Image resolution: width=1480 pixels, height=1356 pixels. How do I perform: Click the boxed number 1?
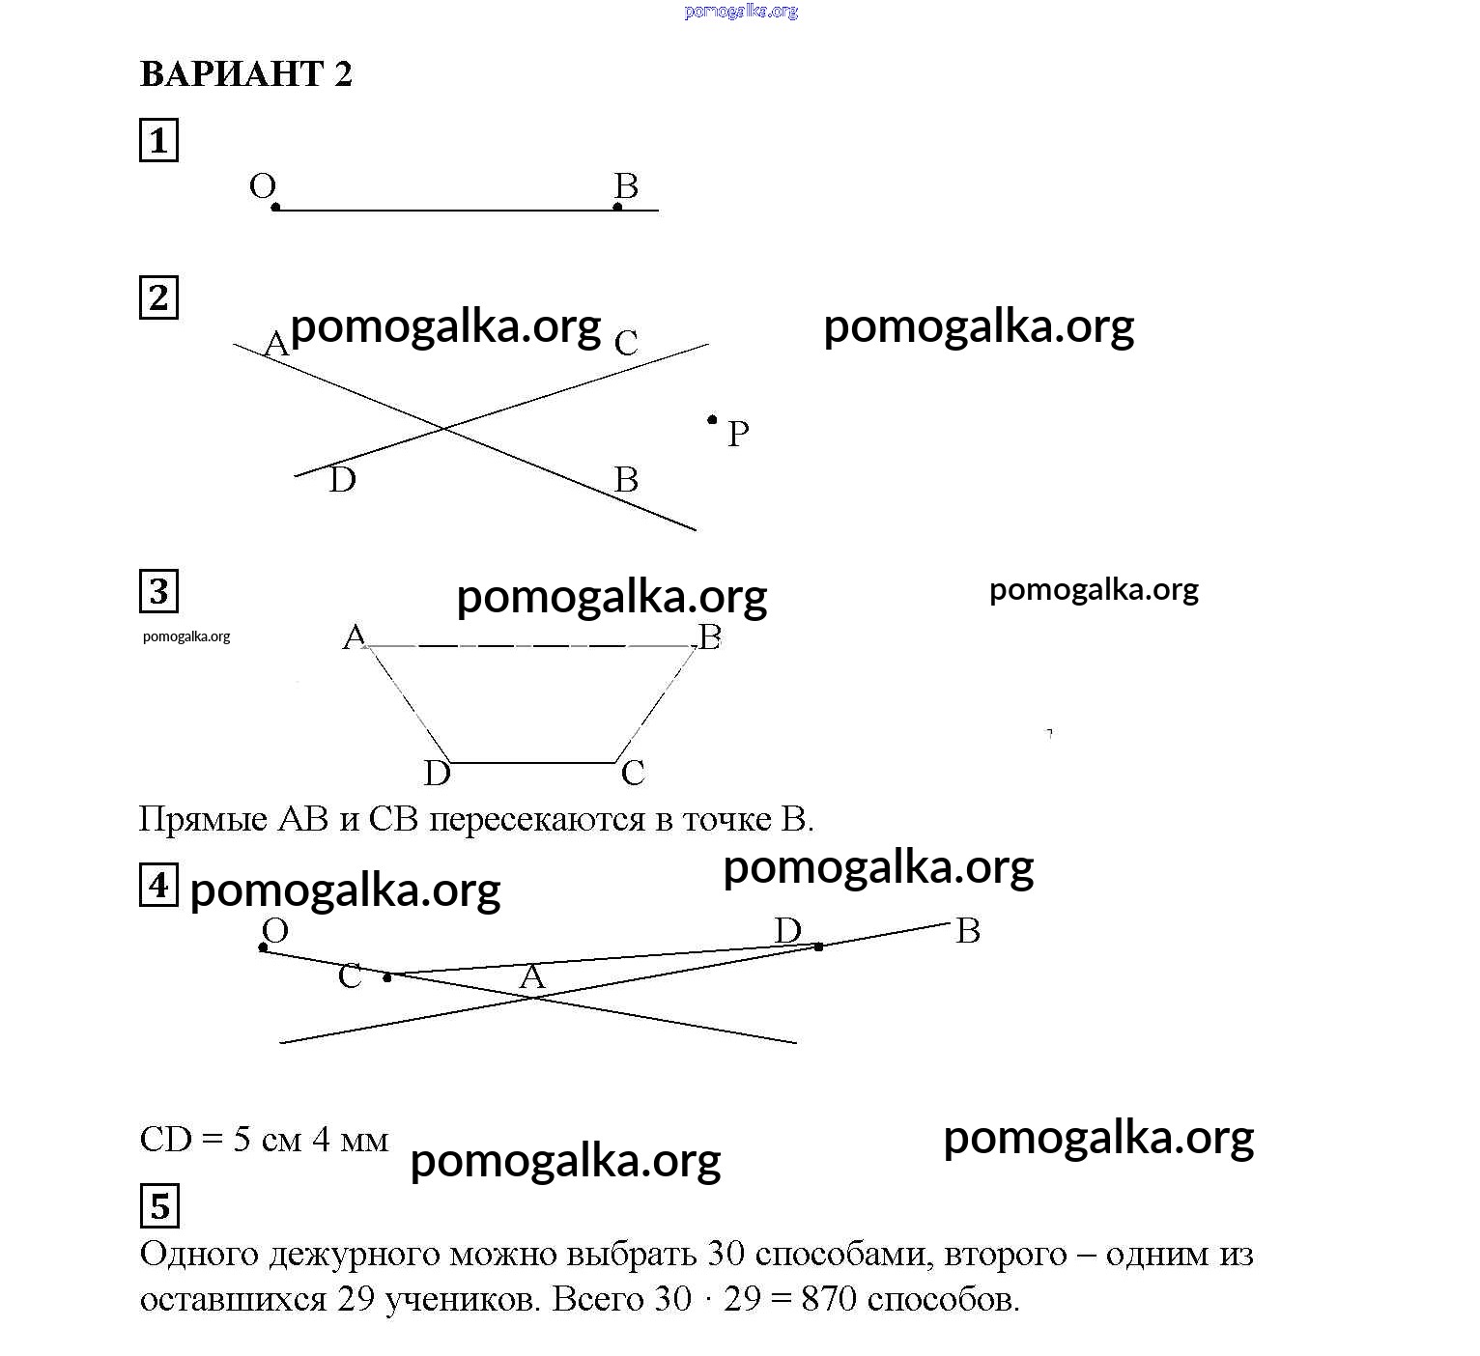159,140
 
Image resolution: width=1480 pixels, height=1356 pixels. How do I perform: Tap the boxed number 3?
159,591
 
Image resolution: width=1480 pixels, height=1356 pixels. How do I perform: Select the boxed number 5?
159,1206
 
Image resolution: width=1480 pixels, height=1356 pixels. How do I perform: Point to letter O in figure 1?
263,185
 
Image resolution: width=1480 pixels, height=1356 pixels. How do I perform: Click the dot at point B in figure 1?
618,207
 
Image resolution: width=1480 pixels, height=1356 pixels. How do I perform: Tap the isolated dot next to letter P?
713,419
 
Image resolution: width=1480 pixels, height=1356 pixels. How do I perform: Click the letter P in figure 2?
738,434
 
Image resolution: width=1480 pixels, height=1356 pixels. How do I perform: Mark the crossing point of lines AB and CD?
443,428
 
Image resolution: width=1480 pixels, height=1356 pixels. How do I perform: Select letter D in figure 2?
342,479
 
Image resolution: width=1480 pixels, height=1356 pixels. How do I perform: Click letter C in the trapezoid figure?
633,773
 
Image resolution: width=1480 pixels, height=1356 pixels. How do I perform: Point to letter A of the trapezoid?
355,636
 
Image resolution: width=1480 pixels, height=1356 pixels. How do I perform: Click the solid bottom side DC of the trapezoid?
531,762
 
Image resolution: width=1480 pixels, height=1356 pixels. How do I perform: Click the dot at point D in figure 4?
818,946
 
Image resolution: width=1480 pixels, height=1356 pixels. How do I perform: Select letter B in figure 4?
968,931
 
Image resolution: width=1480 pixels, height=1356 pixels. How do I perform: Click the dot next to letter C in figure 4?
387,978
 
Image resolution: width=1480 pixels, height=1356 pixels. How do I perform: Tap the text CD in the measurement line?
166,1140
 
